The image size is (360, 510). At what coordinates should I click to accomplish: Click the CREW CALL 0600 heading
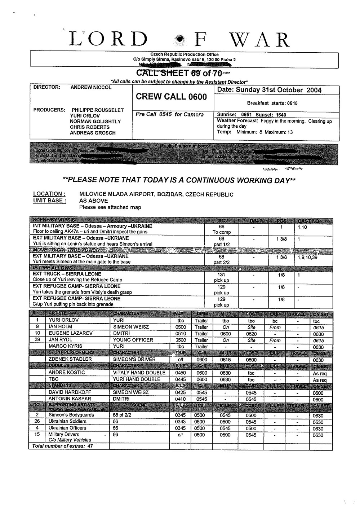point(171,97)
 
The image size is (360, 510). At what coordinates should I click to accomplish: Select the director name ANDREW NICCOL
point(91,87)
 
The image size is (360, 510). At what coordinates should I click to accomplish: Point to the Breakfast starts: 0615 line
point(272,103)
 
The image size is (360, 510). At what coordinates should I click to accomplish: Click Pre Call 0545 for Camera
point(169,114)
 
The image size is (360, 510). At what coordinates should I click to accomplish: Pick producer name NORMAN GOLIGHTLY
point(95,122)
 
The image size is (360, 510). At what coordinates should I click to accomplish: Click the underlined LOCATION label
point(49,194)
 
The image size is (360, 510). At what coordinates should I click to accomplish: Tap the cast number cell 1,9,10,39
point(308,258)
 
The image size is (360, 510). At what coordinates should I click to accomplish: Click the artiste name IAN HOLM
point(60,327)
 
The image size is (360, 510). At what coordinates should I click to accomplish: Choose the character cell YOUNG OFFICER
point(133,340)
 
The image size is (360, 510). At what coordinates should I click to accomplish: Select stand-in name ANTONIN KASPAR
point(70,399)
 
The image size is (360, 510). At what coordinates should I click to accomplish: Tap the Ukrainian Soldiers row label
point(67,422)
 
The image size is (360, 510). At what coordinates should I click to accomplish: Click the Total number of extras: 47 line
point(62,446)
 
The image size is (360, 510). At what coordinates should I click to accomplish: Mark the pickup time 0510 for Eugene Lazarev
point(180,334)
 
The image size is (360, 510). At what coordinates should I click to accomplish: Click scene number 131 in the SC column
point(221,274)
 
